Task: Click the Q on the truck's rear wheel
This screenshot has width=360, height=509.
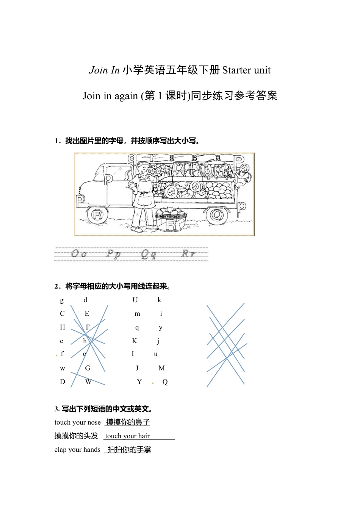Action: [x=217, y=215]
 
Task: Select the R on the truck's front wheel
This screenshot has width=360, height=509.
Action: [x=97, y=215]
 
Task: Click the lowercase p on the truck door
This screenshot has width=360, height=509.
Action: [x=108, y=178]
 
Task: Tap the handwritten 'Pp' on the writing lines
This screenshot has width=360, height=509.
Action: [x=113, y=253]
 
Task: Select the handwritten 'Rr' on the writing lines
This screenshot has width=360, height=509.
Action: [x=188, y=253]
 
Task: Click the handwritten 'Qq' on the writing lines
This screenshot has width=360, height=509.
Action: [x=148, y=254]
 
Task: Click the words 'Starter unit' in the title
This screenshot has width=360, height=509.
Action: [x=246, y=70]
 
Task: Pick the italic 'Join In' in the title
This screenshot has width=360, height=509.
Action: [x=104, y=70]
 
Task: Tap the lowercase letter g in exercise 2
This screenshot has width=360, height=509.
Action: [x=62, y=300]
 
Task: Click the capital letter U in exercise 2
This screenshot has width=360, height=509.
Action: [x=135, y=300]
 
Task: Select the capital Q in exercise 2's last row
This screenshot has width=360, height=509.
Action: [x=165, y=382]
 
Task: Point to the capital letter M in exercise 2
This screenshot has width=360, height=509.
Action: [x=161, y=368]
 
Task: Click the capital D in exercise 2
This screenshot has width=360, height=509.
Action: [x=63, y=382]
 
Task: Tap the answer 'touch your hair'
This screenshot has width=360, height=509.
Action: [x=127, y=436]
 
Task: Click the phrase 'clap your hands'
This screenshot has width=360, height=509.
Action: [x=77, y=450]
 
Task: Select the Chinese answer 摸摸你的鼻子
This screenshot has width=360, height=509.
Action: [x=128, y=422]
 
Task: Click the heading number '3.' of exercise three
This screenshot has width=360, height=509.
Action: [x=57, y=409]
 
